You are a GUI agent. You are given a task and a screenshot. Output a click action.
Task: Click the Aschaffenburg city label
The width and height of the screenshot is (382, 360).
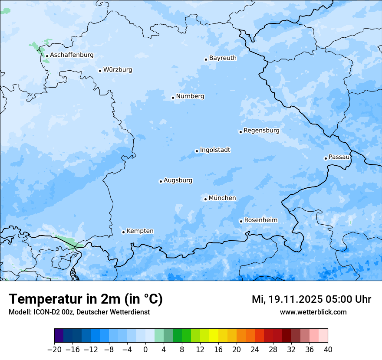point(72,55)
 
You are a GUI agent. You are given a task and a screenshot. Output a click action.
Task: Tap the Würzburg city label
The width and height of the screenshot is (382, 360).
point(118,70)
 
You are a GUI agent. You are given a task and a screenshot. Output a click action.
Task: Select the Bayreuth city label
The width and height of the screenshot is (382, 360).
point(223,58)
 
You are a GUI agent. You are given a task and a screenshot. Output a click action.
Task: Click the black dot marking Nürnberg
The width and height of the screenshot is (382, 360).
point(173,98)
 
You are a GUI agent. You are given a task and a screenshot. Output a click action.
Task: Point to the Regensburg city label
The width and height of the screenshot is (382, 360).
point(261,131)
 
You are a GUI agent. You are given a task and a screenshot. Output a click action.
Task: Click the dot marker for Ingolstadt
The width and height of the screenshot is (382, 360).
point(197,151)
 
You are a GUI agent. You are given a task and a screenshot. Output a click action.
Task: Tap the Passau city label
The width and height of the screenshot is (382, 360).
point(339,157)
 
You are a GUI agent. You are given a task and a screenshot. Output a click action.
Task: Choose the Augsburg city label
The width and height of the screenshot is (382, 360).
point(178,180)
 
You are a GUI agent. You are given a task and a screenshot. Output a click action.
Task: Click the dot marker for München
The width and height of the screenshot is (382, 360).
point(205,200)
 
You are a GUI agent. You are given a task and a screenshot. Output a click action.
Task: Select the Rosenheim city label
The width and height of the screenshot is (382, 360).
point(260,220)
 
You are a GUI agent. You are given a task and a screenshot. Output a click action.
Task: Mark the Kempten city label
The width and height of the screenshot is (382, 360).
point(140,231)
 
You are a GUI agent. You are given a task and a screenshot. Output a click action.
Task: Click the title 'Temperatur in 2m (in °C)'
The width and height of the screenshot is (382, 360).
point(86,299)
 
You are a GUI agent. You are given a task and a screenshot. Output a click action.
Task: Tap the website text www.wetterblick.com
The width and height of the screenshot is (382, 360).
point(313,312)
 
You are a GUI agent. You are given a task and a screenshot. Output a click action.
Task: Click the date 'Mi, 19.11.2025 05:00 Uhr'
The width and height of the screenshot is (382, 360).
point(311,299)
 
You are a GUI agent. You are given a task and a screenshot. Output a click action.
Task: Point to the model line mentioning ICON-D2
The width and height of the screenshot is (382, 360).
point(79,312)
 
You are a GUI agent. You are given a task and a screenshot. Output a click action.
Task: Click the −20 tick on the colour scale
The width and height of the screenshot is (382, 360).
point(54,350)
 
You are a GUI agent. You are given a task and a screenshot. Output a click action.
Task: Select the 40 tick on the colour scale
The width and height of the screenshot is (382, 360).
point(328,350)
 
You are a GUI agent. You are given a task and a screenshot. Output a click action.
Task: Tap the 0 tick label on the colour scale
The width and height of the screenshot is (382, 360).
point(145,350)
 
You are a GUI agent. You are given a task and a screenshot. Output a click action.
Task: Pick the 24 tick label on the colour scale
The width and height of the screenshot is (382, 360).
point(255,350)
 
